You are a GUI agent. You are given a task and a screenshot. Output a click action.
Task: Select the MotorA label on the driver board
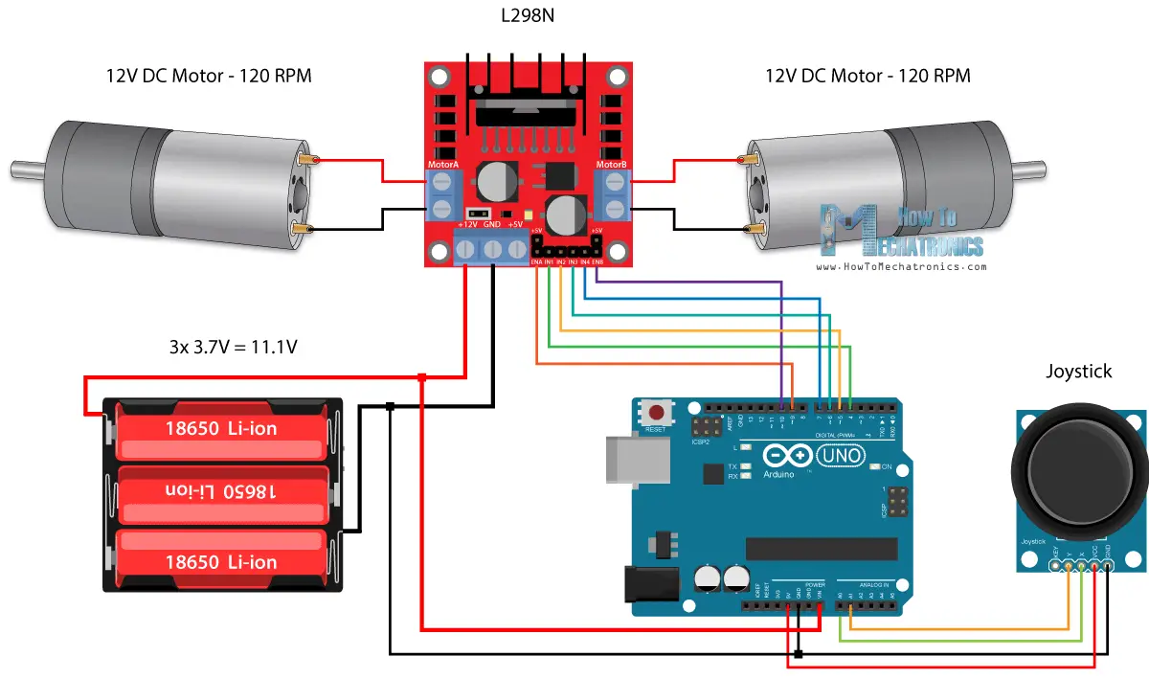point(442,165)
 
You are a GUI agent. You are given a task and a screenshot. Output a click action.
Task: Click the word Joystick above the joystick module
point(1079,372)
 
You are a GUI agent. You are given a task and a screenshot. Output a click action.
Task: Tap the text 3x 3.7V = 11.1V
point(233,348)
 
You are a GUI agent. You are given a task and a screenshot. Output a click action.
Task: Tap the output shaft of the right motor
point(1033,170)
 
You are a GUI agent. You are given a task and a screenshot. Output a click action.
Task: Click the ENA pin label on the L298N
point(537,261)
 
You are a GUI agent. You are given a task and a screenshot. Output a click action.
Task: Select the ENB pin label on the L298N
point(597,261)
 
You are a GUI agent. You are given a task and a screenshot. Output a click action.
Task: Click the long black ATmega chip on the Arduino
point(822,548)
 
